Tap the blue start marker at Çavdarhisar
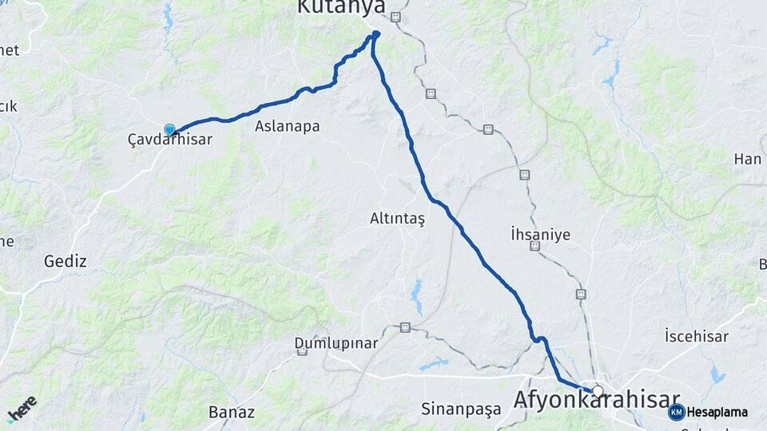tap(169, 129)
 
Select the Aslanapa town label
tap(287, 126)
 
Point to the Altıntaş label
tap(398, 218)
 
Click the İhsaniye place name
tap(540, 234)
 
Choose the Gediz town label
tap(66, 261)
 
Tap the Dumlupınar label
tap(336, 343)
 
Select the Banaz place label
tap(231, 412)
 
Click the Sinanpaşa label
tap(461, 409)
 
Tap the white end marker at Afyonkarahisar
tap(597, 391)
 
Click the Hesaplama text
tap(717, 413)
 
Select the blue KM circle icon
tap(677, 413)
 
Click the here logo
tap(22, 409)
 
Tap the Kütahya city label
tap(341, 7)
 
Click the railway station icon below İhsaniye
tap(535, 247)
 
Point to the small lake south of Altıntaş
tap(416, 297)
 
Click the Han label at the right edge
tap(748, 159)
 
